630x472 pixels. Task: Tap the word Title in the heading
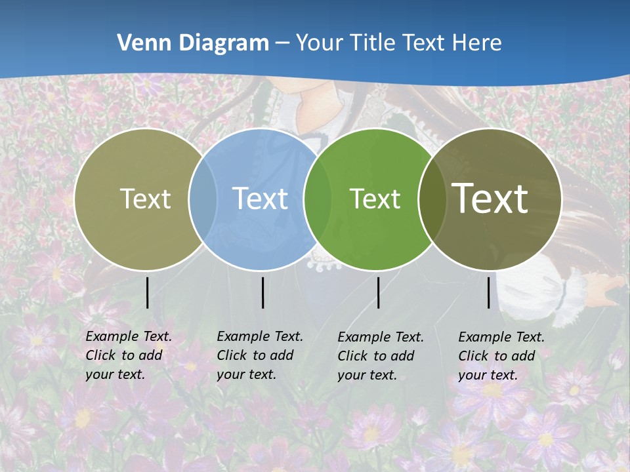377,43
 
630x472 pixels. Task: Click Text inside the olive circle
145,199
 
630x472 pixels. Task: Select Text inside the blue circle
260,199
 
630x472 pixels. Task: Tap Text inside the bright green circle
375,199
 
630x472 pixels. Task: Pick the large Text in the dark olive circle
490,198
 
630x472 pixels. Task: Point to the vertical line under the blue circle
262,292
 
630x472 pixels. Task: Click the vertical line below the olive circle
147,292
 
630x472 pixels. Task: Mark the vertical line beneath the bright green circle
378,292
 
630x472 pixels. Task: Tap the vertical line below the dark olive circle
489,292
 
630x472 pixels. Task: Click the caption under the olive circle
128,355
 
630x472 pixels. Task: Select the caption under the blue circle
259,355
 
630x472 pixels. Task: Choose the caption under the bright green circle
380,356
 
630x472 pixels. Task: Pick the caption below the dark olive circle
501,356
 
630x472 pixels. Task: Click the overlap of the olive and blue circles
203,199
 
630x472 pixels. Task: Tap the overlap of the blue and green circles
317,199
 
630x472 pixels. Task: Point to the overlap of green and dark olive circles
430,199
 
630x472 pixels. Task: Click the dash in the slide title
282,43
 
